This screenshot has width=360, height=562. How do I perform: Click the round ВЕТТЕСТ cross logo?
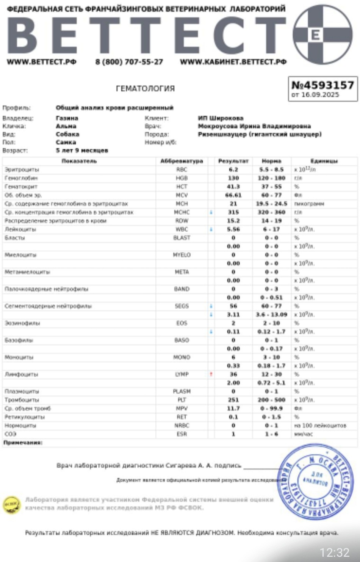(322, 35)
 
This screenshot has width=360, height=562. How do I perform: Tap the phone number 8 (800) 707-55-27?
(129, 62)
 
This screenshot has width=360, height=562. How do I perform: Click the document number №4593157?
(322, 85)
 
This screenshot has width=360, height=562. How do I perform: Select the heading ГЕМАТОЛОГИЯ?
(145, 89)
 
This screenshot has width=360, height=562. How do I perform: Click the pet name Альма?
(66, 126)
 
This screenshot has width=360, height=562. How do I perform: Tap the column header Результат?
(233, 161)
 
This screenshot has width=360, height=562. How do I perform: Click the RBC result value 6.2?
(233, 170)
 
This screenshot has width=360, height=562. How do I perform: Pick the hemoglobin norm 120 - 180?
(271, 178)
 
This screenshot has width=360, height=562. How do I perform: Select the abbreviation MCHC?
(182, 212)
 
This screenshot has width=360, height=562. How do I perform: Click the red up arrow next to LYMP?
(211, 374)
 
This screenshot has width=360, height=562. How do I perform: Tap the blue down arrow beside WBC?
(211, 229)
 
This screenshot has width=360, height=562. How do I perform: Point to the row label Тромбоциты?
(22, 400)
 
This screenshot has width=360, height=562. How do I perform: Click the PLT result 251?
(233, 400)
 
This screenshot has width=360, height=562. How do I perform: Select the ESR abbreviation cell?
(182, 434)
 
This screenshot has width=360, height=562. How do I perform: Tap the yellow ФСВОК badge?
(12, 505)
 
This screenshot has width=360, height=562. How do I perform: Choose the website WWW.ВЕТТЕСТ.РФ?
(41, 62)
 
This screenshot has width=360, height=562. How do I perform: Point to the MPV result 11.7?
(233, 408)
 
